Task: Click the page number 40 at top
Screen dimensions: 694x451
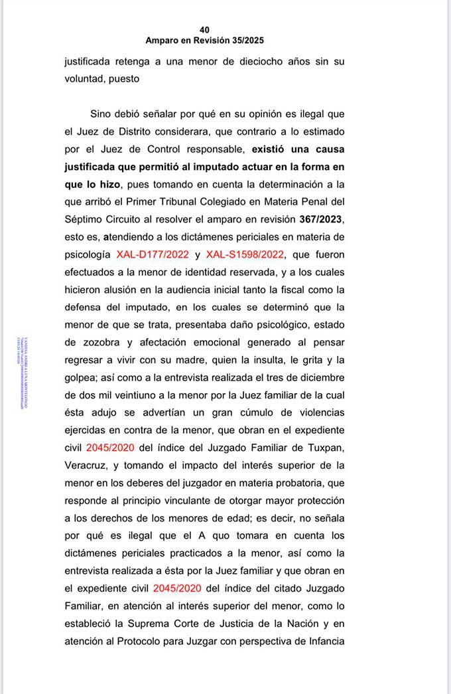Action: click(x=204, y=30)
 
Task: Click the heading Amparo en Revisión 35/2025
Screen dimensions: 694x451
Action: click(x=204, y=41)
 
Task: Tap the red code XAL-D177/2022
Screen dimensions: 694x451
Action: click(x=153, y=254)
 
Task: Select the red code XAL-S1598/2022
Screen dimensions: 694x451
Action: click(x=245, y=254)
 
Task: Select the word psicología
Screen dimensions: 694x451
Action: click(x=88, y=254)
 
